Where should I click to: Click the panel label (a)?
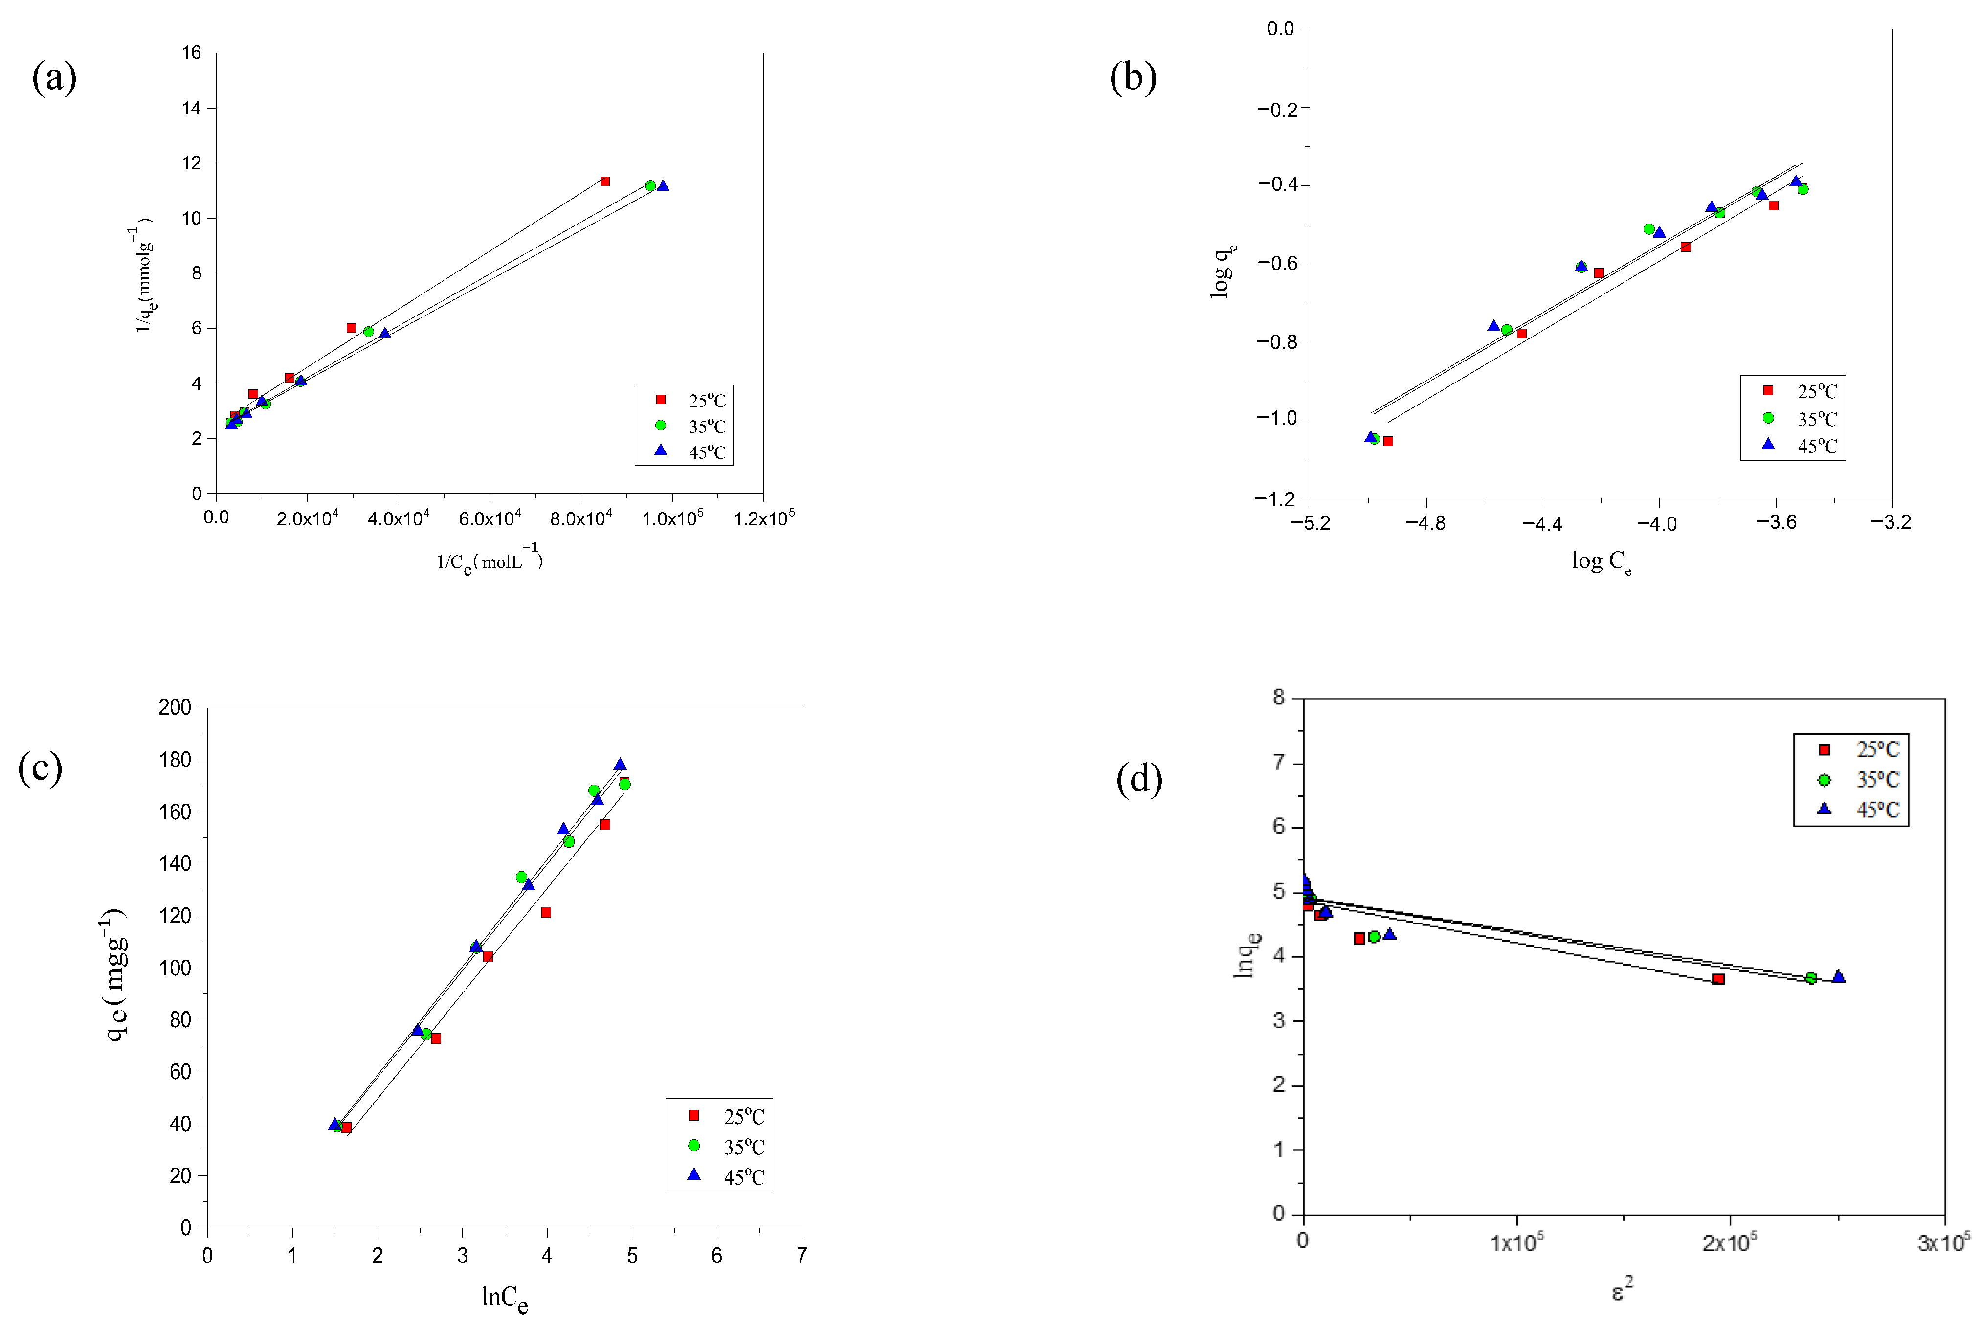click(x=54, y=78)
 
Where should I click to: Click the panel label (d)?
click(x=1139, y=779)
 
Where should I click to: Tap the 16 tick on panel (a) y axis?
click(x=192, y=53)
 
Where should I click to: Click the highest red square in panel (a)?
click(x=604, y=181)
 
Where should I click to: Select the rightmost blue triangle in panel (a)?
click(x=663, y=186)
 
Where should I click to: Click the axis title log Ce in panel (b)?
click(x=1601, y=562)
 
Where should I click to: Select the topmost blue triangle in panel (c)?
click(x=620, y=764)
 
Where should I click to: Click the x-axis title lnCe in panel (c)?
click(x=505, y=1298)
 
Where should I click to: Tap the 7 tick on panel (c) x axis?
click(x=801, y=1255)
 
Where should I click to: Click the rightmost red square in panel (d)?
click(x=1718, y=979)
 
